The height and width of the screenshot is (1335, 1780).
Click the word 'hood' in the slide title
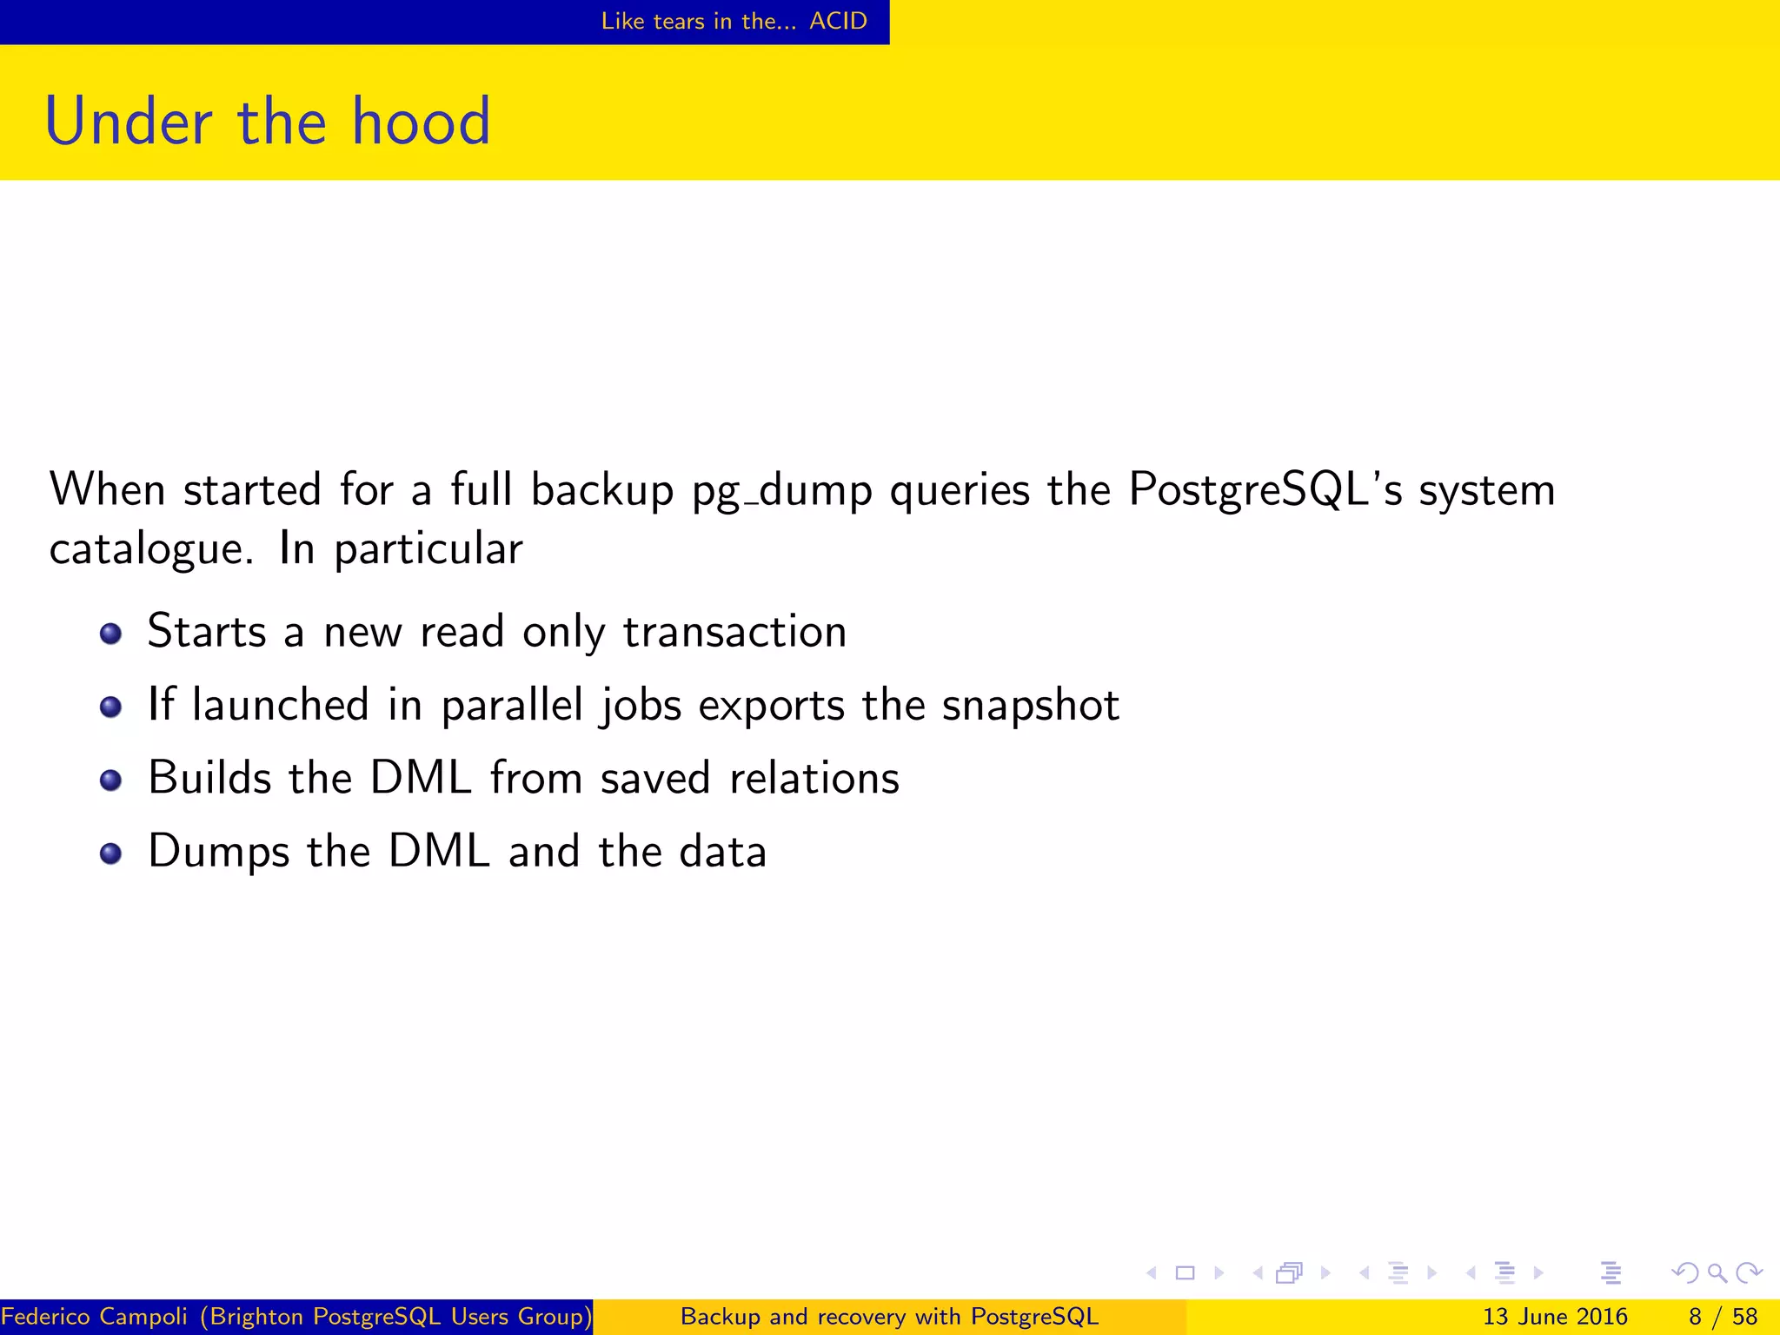[x=422, y=121]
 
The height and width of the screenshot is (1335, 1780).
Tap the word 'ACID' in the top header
[x=838, y=21]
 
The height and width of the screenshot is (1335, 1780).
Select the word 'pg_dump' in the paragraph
[x=782, y=491]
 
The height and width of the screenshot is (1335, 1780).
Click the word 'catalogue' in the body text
[x=149, y=548]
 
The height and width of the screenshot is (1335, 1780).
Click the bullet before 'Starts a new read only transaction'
[x=110, y=634]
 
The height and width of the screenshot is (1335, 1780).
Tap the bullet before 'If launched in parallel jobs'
[x=110, y=707]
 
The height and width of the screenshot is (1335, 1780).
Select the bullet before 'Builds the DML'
[x=110, y=780]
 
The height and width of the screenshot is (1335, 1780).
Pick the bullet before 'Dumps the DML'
[x=110, y=853]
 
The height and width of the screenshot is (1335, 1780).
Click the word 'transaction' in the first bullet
[x=734, y=631]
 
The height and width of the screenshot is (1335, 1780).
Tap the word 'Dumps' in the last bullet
[x=218, y=852]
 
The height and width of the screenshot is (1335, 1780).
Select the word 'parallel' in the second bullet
[x=512, y=705]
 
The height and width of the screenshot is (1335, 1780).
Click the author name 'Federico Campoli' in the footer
[x=95, y=1317]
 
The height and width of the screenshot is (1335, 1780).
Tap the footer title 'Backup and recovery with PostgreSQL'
[x=889, y=1317]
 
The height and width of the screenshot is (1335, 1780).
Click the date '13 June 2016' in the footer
[x=1554, y=1317]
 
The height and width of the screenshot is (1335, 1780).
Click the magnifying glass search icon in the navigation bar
[x=1717, y=1273]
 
